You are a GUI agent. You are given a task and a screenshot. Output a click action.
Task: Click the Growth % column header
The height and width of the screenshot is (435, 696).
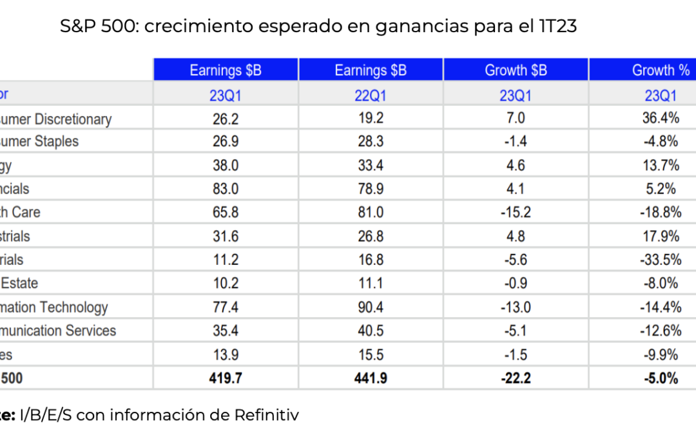coord(661,70)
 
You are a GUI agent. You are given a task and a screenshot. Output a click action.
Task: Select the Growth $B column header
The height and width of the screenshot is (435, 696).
coord(516,70)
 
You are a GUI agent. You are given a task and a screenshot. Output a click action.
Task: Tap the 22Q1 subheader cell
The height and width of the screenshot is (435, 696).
coord(371,95)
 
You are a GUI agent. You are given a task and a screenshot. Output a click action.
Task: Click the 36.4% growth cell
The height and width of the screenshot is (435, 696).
coord(661,119)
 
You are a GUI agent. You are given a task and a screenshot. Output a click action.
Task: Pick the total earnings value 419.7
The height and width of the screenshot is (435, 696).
coord(226,378)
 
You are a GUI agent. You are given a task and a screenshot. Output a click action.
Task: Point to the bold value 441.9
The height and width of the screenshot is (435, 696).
coord(371,378)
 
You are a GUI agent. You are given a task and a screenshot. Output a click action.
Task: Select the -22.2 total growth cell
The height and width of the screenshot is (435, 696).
coord(516,378)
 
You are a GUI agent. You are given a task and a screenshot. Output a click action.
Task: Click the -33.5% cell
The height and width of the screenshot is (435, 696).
coord(661,260)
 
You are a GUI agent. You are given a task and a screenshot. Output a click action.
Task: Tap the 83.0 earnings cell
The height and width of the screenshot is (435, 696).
coord(226,189)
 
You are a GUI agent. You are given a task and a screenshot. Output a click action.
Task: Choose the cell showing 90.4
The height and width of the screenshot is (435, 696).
coord(371,307)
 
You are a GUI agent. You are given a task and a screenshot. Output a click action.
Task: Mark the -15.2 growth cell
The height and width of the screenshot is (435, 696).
coord(516,213)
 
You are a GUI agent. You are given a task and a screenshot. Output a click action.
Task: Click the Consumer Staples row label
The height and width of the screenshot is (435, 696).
coord(39,142)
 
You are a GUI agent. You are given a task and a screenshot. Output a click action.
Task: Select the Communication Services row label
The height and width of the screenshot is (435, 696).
coord(58,331)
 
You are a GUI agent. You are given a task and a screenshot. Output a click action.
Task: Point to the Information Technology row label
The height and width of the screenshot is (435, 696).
coord(54,307)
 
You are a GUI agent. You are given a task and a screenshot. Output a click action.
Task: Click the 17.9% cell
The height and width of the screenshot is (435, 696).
coord(661,237)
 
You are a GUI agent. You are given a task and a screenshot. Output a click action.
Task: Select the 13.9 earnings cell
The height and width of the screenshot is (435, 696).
coord(226,354)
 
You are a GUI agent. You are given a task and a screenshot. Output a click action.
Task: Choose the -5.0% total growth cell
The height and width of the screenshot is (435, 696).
coord(661,378)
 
